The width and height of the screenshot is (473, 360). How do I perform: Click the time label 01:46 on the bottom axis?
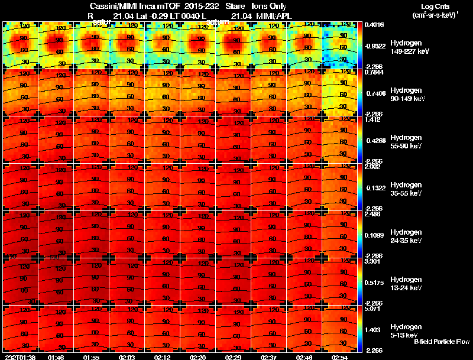point(56,357)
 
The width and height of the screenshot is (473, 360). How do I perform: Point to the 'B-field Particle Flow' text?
point(442,342)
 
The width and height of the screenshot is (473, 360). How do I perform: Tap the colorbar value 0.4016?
point(375,25)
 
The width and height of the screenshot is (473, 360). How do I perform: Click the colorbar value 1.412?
point(372,119)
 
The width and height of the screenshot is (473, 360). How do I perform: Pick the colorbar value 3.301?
point(372,261)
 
